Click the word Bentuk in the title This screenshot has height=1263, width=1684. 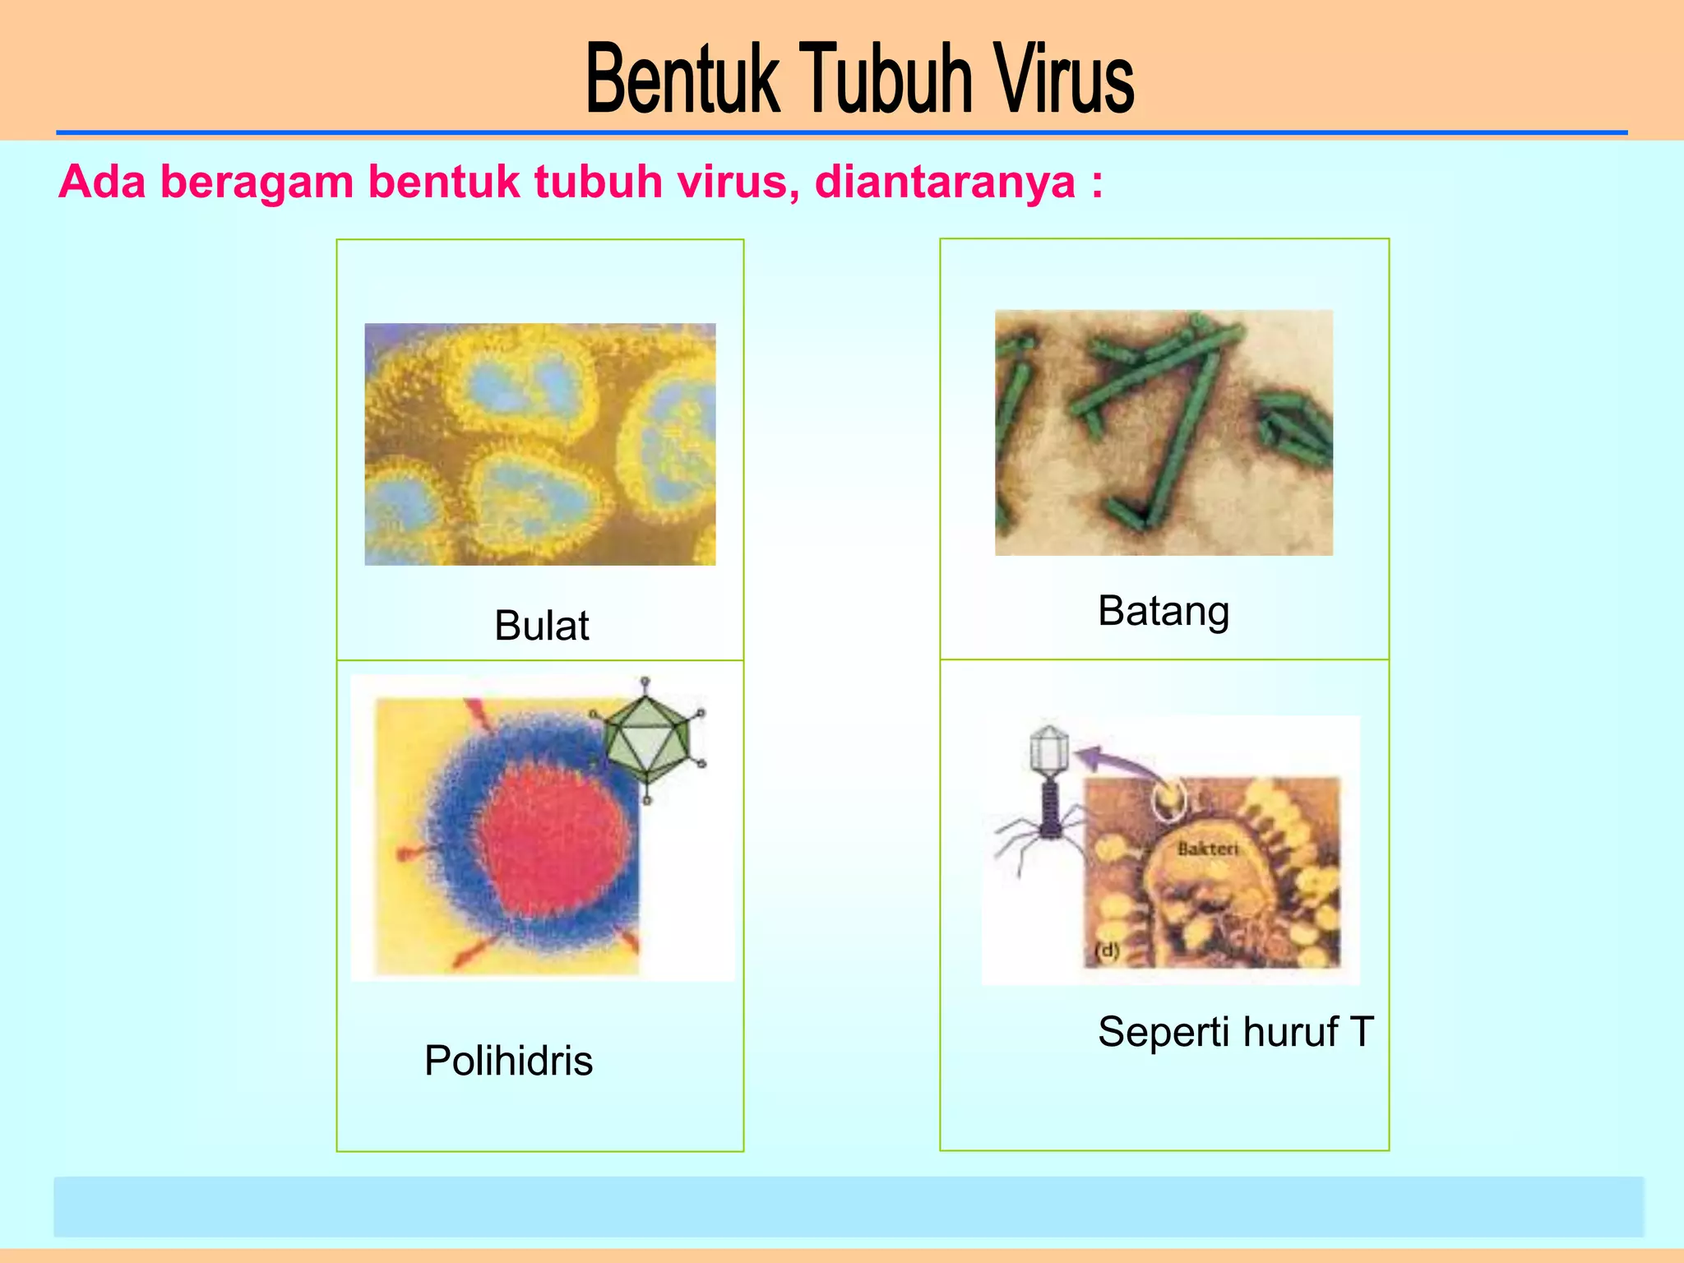[x=682, y=79]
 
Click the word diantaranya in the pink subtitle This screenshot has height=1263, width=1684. [x=945, y=182]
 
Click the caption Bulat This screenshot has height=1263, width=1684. [x=541, y=626]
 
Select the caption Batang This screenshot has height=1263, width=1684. [x=1164, y=612]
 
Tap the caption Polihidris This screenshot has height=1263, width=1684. [x=508, y=1060]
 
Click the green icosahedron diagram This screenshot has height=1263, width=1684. [x=648, y=738]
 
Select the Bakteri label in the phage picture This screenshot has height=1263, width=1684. [x=1207, y=849]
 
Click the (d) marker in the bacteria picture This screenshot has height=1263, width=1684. [x=1108, y=951]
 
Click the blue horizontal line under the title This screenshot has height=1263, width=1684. [x=841, y=132]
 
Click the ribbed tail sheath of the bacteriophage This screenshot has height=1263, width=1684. [x=1050, y=806]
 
